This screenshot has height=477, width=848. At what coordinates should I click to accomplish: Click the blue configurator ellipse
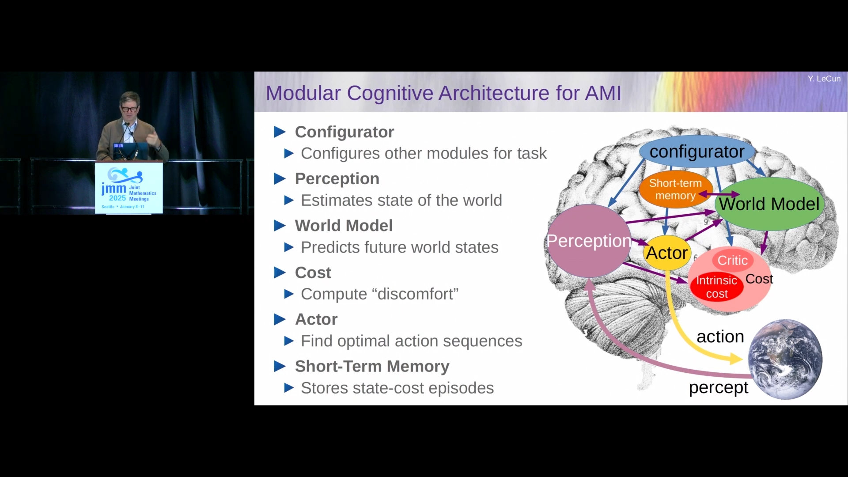(x=697, y=152)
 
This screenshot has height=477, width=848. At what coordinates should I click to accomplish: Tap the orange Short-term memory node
(x=675, y=189)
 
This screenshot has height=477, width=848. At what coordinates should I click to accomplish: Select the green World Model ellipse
(x=769, y=204)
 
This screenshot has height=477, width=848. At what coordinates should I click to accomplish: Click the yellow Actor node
(x=667, y=253)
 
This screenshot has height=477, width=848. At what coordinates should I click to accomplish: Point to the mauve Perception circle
(x=589, y=241)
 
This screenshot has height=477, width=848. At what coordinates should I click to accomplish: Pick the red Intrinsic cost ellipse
(x=716, y=287)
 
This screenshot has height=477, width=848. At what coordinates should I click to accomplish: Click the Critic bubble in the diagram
(x=732, y=260)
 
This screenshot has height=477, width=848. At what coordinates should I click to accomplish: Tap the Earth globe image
(x=785, y=359)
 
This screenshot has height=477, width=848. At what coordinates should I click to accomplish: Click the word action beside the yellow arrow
(x=720, y=337)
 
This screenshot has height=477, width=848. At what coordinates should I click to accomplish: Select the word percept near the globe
(x=719, y=388)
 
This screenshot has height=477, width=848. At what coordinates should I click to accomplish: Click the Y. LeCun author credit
(x=824, y=79)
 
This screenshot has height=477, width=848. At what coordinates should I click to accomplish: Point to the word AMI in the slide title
(x=603, y=93)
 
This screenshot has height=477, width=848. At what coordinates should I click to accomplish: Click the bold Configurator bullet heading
(x=344, y=132)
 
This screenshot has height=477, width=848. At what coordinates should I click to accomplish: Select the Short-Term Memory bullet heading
(x=372, y=366)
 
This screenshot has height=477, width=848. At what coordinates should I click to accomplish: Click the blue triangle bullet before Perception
(x=280, y=179)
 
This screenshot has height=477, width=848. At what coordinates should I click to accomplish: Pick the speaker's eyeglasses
(x=129, y=109)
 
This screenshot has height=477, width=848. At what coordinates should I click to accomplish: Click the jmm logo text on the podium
(x=114, y=189)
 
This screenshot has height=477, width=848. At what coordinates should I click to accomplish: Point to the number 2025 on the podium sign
(x=117, y=198)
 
